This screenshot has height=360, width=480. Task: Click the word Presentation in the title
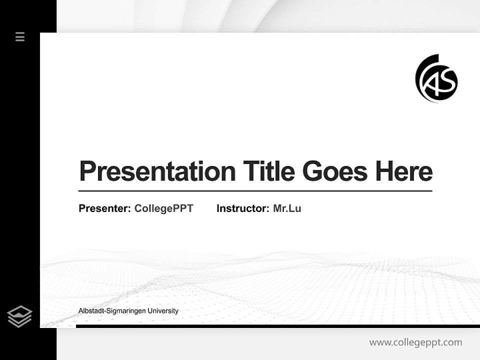[x=157, y=171]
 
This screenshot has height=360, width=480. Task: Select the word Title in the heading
[x=268, y=171]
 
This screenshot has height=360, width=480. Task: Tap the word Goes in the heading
[x=334, y=171]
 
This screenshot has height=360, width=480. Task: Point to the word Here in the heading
[x=403, y=171]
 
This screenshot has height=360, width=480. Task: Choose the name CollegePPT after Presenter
[x=163, y=208]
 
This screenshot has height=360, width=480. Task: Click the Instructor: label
[x=243, y=208]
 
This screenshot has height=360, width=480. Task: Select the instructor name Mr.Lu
[x=287, y=208]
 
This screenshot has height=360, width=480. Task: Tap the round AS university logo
[x=436, y=78]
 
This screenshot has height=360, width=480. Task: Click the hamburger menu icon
[x=20, y=36]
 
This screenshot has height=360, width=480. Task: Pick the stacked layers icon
[x=19, y=316]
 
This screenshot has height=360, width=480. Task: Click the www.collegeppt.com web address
[x=415, y=342]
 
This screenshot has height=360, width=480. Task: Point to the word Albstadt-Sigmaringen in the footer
[x=111, y=311]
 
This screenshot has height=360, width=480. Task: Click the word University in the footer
[x=162, y=311]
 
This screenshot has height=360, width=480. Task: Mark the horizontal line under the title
[x=255, y=190]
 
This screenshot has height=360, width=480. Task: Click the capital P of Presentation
[x=87, y=171]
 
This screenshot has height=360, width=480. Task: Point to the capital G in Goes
[x=312, y=171]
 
